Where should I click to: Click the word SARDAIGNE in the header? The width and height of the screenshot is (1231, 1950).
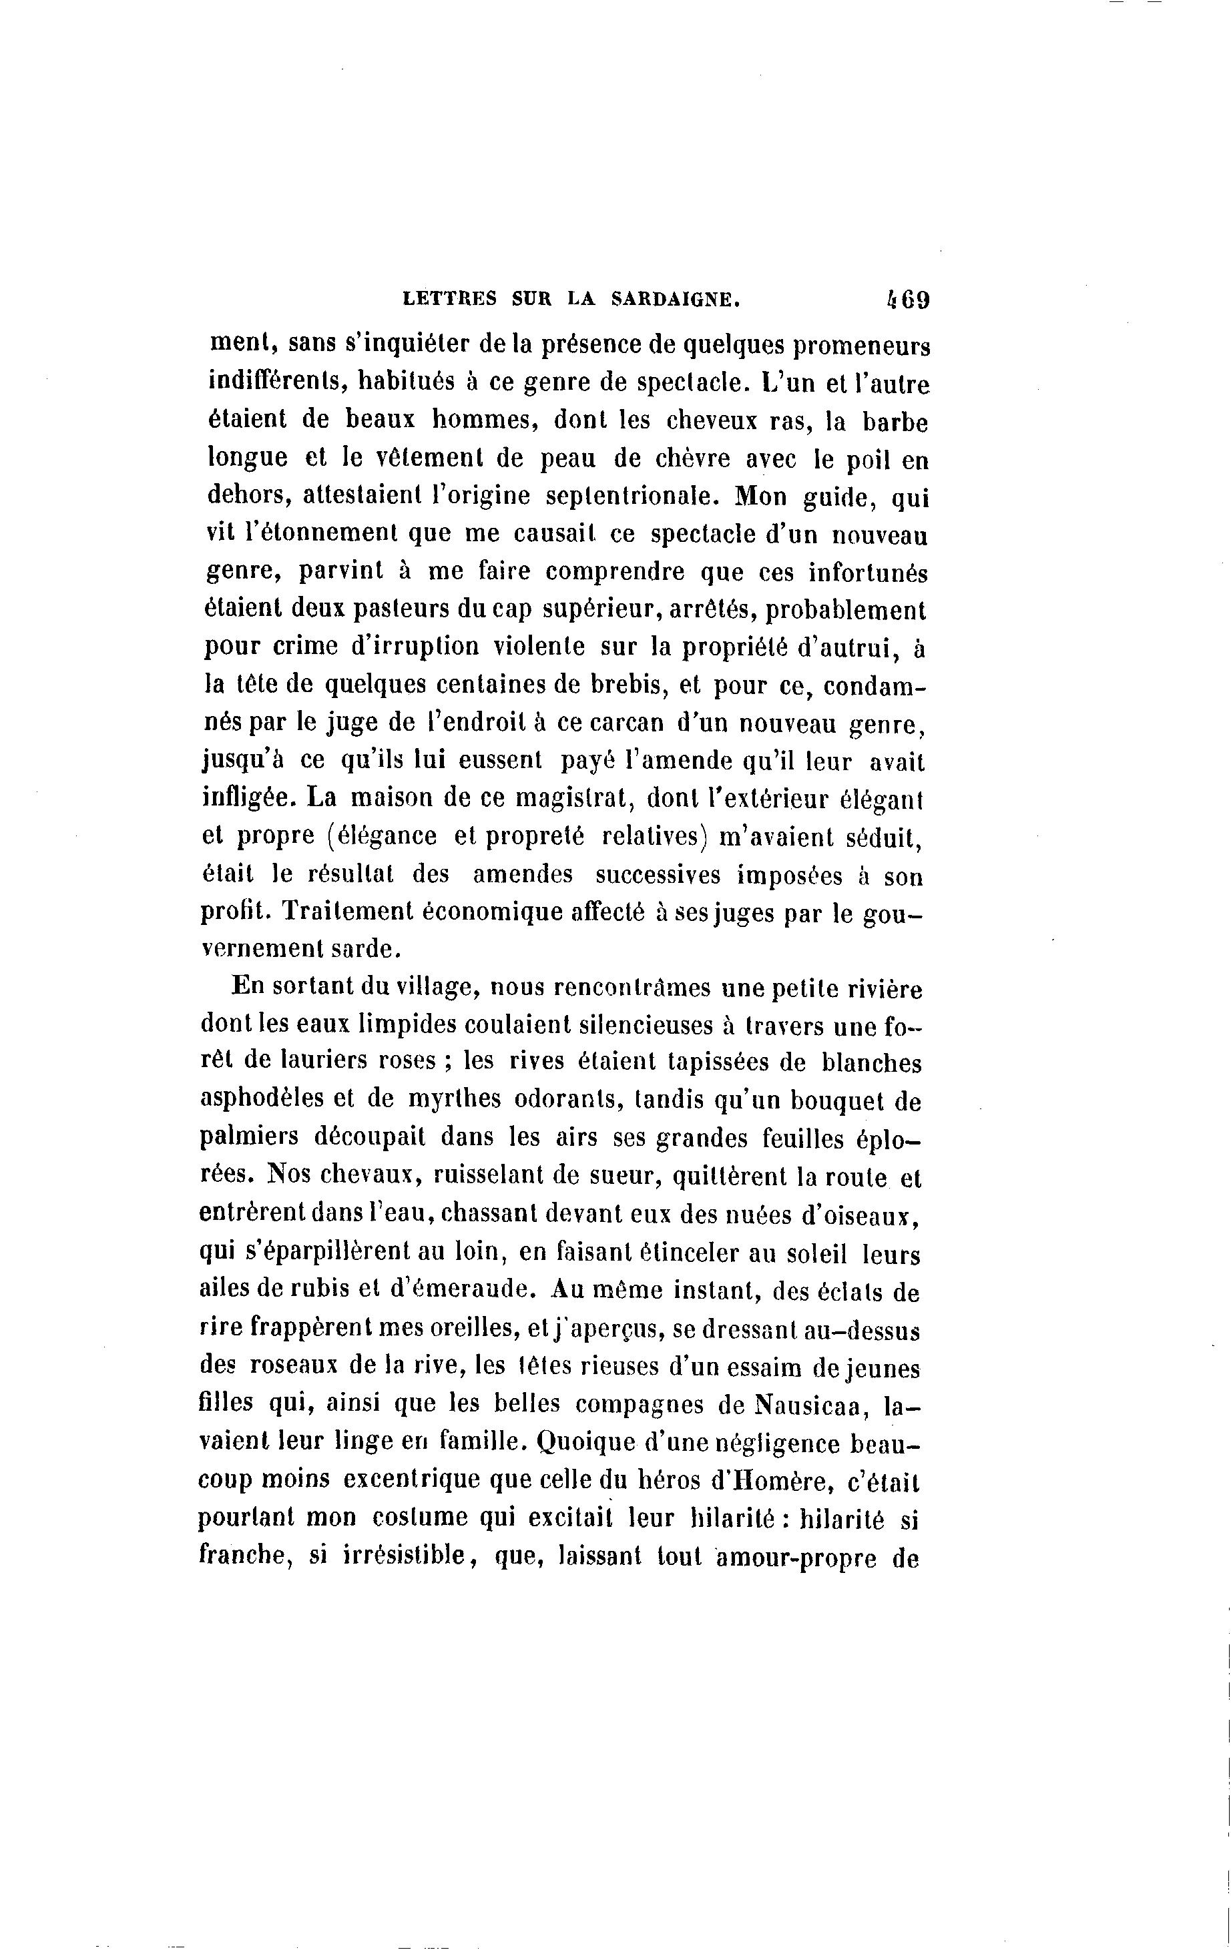coord(676,300)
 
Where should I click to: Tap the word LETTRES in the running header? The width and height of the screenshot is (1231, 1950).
coord(449,300)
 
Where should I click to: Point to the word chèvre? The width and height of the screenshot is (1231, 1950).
coord(684,459)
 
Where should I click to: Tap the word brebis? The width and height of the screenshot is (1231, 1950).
coord(620,685)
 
